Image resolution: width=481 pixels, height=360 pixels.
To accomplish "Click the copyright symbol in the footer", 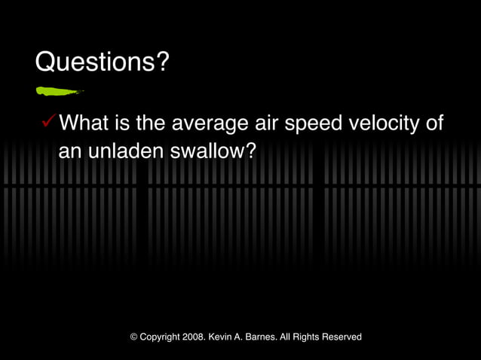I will (133, 337).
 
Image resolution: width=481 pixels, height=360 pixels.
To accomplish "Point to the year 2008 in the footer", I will (194, 337).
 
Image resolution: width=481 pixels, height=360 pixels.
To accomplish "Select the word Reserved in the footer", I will (342, 337).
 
